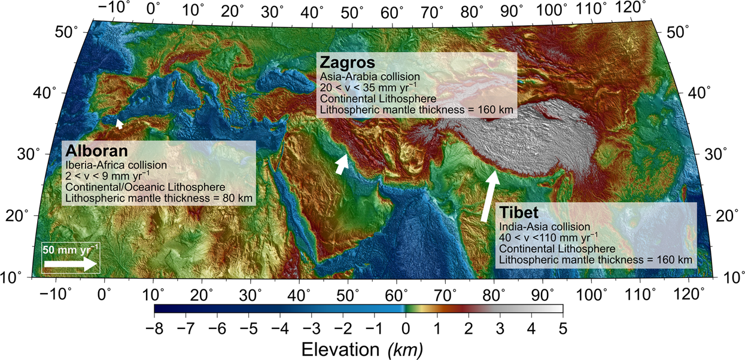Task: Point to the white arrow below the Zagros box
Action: [341, 163]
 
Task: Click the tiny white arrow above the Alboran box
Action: [120, 123]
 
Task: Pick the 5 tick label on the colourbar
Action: [562, 328]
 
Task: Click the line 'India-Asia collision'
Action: [544, 227]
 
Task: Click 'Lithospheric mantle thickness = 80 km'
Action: [159, 197]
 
